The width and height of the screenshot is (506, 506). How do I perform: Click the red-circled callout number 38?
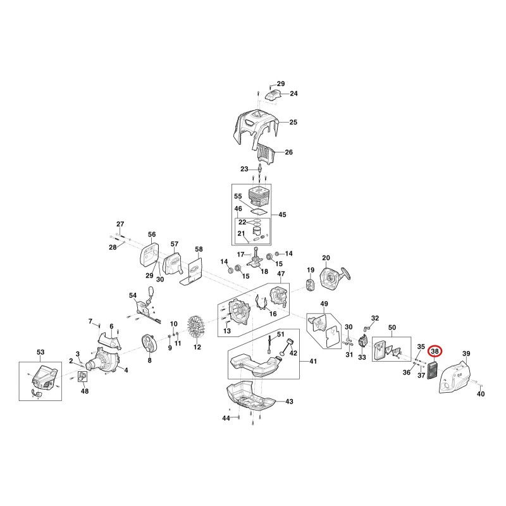pyautogui.click(x=435, y=351)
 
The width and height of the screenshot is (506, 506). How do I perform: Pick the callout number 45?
pyautogui.click(x=282, y=214)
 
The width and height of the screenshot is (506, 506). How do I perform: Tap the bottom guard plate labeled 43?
pyautogui.click(x=250, y=397)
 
